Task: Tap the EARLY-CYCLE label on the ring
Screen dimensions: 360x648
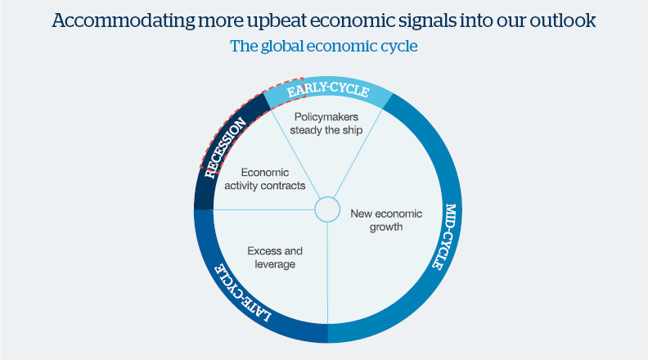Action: point(327,92)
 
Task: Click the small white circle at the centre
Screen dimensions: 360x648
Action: point(326,209)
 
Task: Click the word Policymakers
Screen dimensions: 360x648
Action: point(326,117)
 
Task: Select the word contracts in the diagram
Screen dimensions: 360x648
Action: point(284,186)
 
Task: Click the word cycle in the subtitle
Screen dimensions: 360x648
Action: point(398,46)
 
